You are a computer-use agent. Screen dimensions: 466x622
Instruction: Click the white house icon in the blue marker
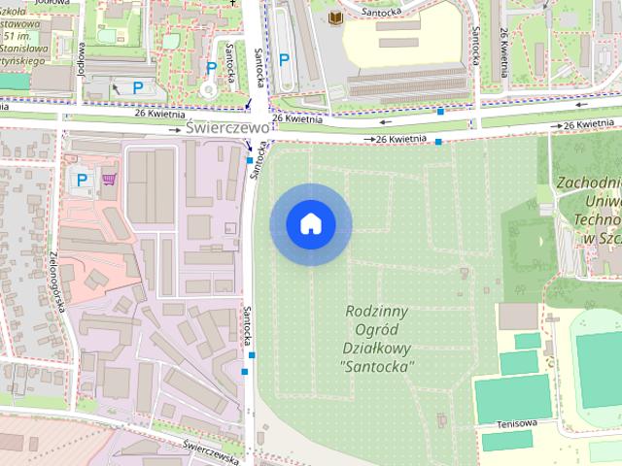tap(311, 224)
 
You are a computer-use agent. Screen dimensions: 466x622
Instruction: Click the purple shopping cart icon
tap(109, 179)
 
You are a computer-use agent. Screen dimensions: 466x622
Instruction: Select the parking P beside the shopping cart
tap(83, 179)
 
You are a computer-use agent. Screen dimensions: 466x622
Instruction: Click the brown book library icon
tap(336, 19)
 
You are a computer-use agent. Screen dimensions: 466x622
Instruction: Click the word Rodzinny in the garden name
tap(378, 312)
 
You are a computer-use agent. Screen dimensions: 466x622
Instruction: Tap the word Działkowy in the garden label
tap(378, 349)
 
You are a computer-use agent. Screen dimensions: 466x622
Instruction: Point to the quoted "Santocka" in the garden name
tap(378, 367)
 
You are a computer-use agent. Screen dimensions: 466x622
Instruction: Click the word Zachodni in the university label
tap(589, 183)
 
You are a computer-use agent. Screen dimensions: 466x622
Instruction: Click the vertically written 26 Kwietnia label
tap(505, 39)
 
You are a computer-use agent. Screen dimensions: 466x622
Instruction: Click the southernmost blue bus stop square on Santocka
tap(252, 355)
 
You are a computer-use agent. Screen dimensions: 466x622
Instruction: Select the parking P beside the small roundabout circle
tap(212, 68)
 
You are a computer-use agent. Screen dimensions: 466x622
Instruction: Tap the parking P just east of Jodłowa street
tap(138, 87)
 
